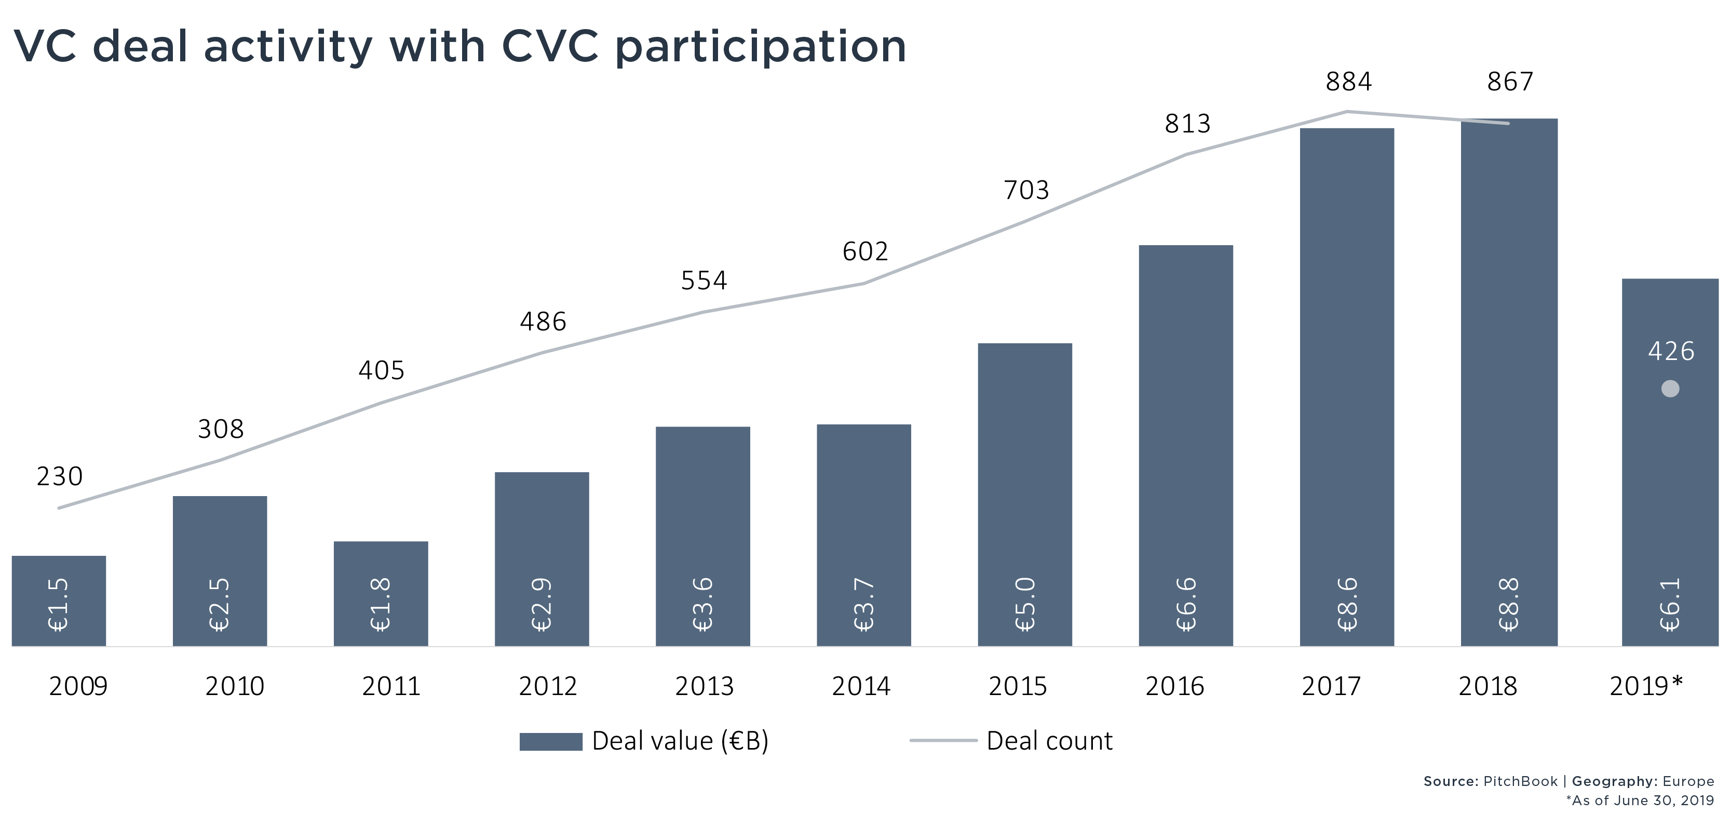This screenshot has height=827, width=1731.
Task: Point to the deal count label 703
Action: click(x=1026, y=190)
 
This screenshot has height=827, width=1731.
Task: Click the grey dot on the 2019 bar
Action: click(x=1670, y=389)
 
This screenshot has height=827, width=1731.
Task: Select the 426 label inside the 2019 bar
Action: click(x=1671, y=351)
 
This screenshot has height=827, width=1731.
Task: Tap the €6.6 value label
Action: click(x=1186, y=604)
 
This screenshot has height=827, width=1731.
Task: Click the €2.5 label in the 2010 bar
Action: click(x=220, y=604)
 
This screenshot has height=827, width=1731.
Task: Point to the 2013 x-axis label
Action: click(x=704, y=686)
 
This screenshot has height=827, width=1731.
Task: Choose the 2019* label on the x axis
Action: click(x=1646, y=686)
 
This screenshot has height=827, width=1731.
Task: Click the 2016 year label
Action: click(x=1174, y=686)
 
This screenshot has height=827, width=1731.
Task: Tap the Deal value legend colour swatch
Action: click(x=550, y=742)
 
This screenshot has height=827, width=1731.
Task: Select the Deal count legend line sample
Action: click(x=943, y=741)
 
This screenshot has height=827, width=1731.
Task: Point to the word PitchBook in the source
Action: click(x=1520, y=781)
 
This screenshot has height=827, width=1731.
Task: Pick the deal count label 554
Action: click(x=704, y=281)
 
